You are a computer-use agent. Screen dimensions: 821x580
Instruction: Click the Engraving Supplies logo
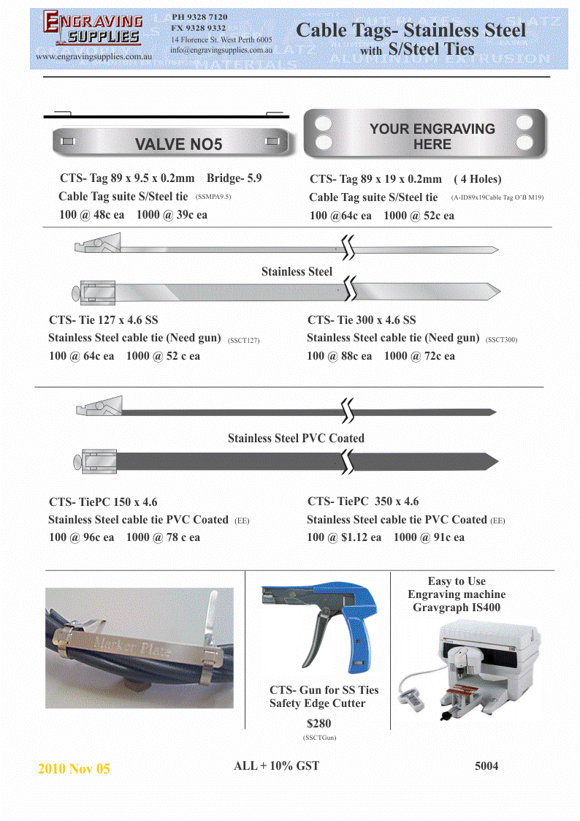click(93, 29)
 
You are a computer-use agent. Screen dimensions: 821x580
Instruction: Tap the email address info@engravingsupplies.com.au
click(221, 50)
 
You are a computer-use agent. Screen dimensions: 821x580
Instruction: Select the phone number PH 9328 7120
click(199, 16)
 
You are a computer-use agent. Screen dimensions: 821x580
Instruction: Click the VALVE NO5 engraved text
click(178, 144)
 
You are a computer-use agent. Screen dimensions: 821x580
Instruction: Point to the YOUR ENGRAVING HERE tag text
click(432, 137)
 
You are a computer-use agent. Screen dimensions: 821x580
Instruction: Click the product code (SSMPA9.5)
click(214, 197)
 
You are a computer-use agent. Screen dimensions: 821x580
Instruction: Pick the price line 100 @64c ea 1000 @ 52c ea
click(382, 216)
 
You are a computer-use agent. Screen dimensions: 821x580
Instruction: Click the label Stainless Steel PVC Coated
click(296, 439)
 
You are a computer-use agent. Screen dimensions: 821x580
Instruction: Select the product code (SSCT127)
click(244, 340)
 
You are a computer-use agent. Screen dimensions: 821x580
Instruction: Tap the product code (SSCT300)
click(502, 340)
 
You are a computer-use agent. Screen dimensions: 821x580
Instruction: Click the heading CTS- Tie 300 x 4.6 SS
click(362, 320)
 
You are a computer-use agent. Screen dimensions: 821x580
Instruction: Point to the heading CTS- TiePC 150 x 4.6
click(103, 502)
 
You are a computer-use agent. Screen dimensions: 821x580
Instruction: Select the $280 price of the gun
click(319, 724)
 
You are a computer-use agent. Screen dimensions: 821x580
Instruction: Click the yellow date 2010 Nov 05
click(74, 769)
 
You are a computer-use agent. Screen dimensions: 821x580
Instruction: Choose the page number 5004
click(486, 766)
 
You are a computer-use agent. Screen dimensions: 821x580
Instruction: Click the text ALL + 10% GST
click(276, 766)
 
